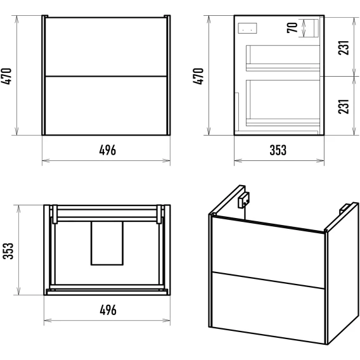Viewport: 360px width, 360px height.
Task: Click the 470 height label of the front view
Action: (6, 77)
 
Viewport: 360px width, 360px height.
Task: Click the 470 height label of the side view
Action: (198, 77)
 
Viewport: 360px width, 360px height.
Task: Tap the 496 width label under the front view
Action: (108, 150)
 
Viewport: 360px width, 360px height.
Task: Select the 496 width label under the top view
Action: (108, 310)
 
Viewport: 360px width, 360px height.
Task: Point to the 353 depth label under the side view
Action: (278, 150)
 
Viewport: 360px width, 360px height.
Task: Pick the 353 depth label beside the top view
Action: (8, 251)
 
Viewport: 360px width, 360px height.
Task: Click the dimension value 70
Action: (292, 28)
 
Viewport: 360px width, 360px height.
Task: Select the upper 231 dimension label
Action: (344, 48)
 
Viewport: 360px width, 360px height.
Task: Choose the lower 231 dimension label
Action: (344, 106)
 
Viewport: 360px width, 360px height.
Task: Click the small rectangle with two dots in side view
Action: (247, 29)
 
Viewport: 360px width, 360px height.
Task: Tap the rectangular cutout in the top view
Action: (107, 243)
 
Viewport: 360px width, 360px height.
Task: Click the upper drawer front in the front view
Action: (106, 47)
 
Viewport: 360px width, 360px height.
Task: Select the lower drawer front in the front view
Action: (106, 106)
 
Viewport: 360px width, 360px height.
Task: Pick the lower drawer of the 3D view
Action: (268, 307)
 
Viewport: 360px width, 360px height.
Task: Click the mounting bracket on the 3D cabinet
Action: (243, 200)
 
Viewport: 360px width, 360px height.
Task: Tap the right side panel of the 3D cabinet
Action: (343, 273)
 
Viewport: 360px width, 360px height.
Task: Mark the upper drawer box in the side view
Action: (283, 58)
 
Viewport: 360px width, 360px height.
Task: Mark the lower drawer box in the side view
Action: (283, 103)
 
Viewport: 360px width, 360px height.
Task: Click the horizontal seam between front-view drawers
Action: (106, 76)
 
